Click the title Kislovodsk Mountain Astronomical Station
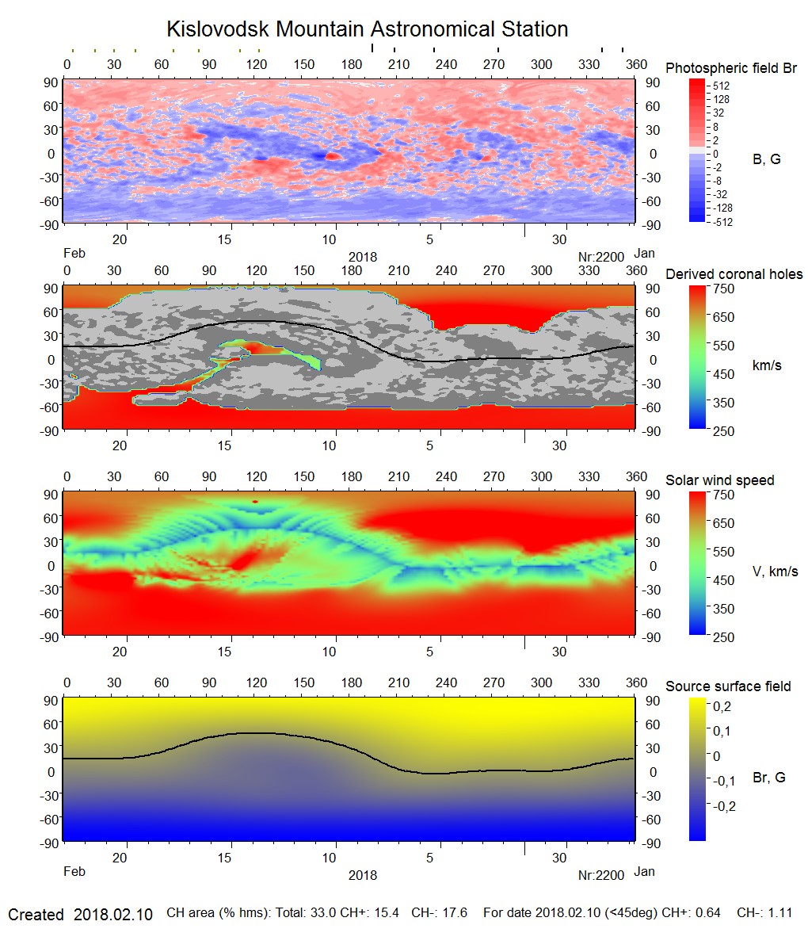(367, 29)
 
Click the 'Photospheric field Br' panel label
(730, 68)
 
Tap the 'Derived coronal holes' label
(734, 274)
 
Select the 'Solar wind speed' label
(719, 480)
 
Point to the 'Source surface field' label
(727, 686)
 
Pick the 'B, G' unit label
(766, 159)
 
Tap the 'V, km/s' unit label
(774, 572)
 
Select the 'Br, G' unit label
(768, 778)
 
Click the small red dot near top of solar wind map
(255, 502)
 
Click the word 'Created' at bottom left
(36, 915)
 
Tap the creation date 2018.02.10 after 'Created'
(113, 915)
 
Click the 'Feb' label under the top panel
(73, 254)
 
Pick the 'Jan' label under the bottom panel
(645, 872)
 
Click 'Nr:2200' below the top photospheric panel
(601, 256)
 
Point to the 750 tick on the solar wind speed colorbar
(724, 495)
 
